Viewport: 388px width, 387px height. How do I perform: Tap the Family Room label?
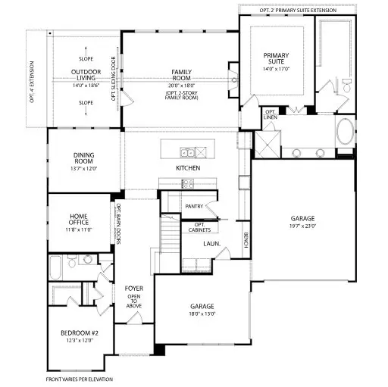[180, 74]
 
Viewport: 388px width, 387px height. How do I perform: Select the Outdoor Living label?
[86, 75]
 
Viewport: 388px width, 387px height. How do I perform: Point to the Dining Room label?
[83, 158]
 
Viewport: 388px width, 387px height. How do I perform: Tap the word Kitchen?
[187, 167]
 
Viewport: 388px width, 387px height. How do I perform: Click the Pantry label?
[193, 206]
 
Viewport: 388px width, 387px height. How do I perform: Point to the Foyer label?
[134, 289]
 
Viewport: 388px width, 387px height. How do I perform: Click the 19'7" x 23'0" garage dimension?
[302, 225]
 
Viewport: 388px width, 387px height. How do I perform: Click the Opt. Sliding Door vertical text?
[114, 78]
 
